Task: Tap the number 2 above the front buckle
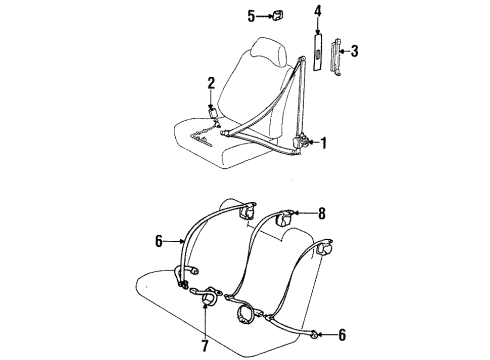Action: point(211,83)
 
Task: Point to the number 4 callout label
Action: point(318,13)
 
